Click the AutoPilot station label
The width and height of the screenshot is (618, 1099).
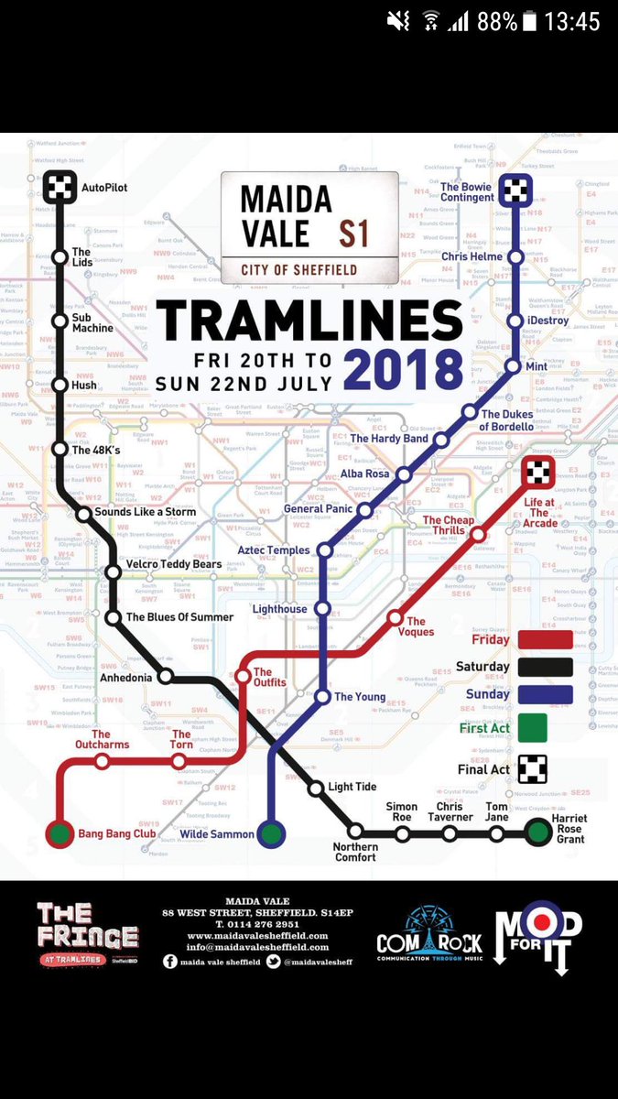pyautogui.click(x=103, y=188)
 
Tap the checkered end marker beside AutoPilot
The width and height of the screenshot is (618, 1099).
pyautogui.click(x=59, y=188)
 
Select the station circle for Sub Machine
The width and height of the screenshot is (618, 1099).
pyautogui.click(x=60, y=321)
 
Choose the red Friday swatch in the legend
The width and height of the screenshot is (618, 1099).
pyautogui.click(x=545, y=639)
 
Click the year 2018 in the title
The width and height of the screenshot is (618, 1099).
pyautogui.click(x=404, y=371)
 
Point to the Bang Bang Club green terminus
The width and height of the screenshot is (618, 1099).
pyautogui.click(x=60, y=834)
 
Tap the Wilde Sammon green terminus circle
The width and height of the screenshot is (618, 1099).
pyautogui.click(x=270, y=834)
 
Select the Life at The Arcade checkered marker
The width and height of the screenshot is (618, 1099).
pyautogui.click(x=537, y=472)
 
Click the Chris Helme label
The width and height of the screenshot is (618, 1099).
pyautogui.click(x=472, y=257)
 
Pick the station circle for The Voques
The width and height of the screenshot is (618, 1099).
pyautogui.click(x=396, y=618)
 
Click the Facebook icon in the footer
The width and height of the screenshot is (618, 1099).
pyautogui.click(x=171, y=962)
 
